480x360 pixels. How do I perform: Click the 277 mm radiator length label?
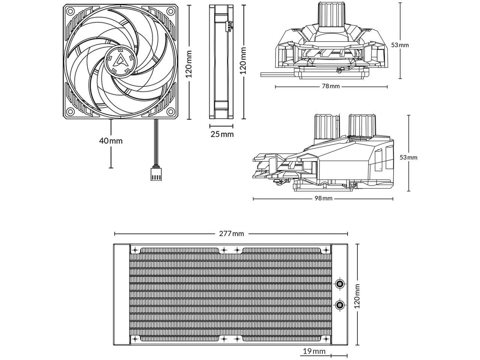[x=231, y=234]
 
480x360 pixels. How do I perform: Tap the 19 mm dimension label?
[x=314, y=351]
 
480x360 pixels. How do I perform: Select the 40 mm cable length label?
[x=111, y=141]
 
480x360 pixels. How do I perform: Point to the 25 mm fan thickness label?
[x=222, y=134]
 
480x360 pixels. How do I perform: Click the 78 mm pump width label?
[x=331, y=86]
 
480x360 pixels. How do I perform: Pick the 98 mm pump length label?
[x=323, y=198]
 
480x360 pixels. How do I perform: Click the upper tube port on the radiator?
[x=340, y=283]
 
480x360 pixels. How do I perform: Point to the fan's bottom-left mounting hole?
[x=70, y=111]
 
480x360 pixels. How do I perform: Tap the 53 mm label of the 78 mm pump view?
[x=400, y=45]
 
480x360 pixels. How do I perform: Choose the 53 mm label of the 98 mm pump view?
[x=408, y=157]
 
